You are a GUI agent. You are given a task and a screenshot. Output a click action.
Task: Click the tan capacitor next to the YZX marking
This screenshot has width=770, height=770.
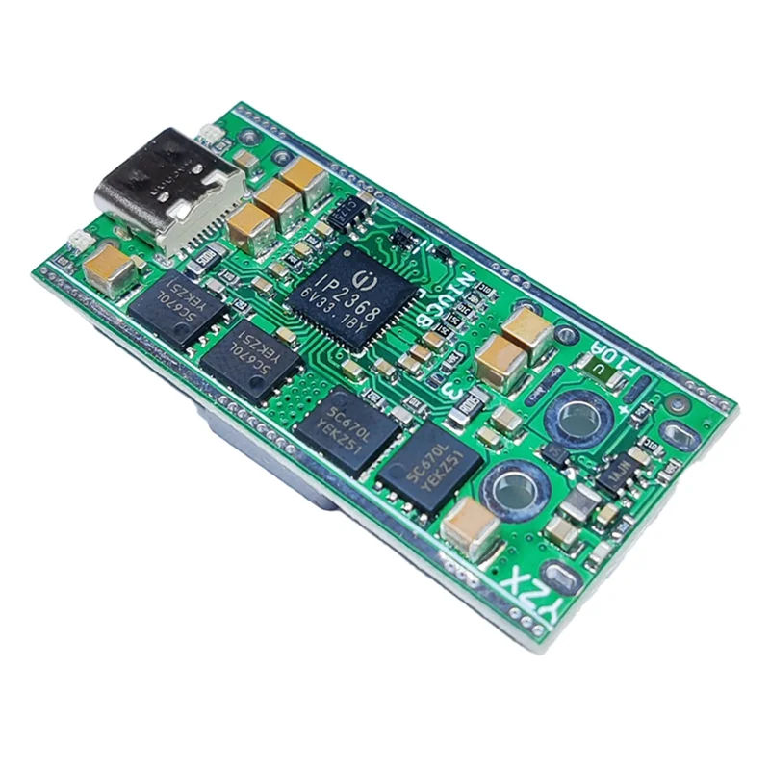point(472,524)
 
